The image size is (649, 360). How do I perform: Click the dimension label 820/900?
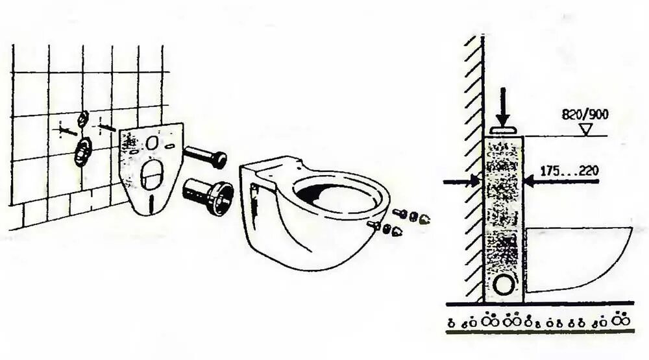coord(585,115)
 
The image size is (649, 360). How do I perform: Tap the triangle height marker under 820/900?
coord(586,130)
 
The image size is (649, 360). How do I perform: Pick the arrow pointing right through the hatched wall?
coord(462,182)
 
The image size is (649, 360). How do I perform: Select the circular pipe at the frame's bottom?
coord(504,283)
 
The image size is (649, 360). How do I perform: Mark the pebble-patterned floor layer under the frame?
coord(539,321)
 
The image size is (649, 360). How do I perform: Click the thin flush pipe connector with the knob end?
coord(204,156)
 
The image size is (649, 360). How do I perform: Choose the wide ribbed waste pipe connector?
coord(209,193)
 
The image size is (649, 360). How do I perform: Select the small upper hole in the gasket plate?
coord(152,142)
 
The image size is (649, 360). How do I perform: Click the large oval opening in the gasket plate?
coord(151,174)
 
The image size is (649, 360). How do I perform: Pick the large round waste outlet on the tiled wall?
coord(82,152)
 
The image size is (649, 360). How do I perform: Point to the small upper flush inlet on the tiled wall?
coord(83,118)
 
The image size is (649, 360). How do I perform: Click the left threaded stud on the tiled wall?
coord(66,130)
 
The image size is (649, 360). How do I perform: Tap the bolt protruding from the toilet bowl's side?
coord(374,224)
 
